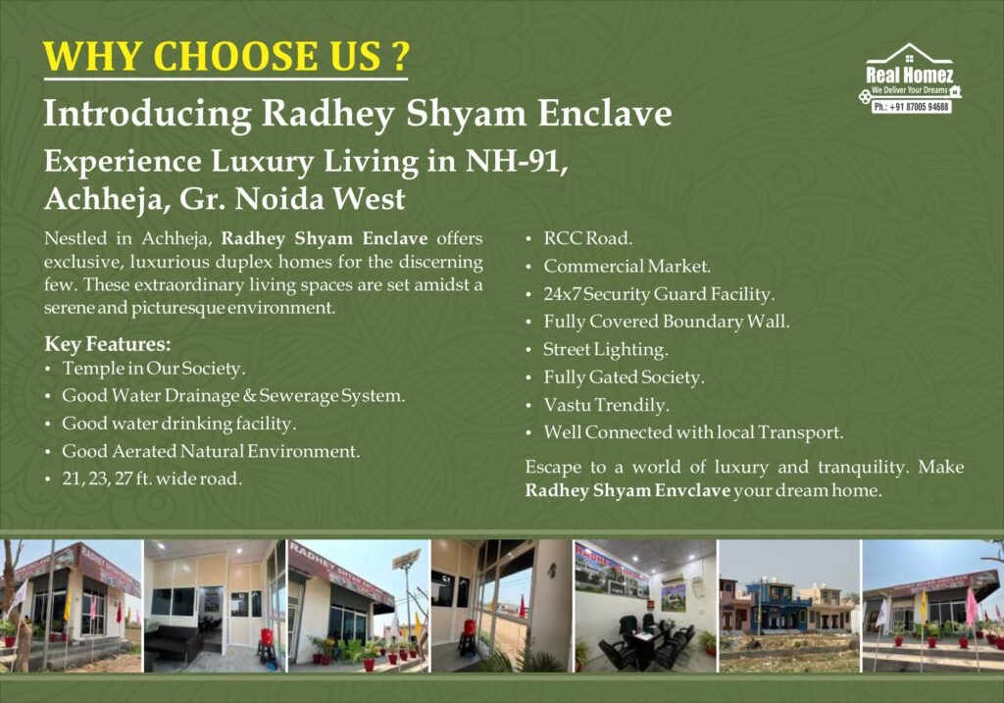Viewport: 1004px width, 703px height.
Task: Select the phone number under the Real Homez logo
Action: pos(912,107)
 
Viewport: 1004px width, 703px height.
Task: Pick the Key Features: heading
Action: pos(108,344)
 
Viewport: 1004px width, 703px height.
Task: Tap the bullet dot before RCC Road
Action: pos(528,239)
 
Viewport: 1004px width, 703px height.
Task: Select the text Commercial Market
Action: pos(627,266)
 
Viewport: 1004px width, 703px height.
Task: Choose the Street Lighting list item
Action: pos(605,350)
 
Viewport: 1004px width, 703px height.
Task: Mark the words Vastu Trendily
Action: pos(606,405)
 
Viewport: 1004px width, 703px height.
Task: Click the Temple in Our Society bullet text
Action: pos(154,368)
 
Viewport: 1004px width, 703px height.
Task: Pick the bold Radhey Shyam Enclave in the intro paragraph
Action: pos(324,239)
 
